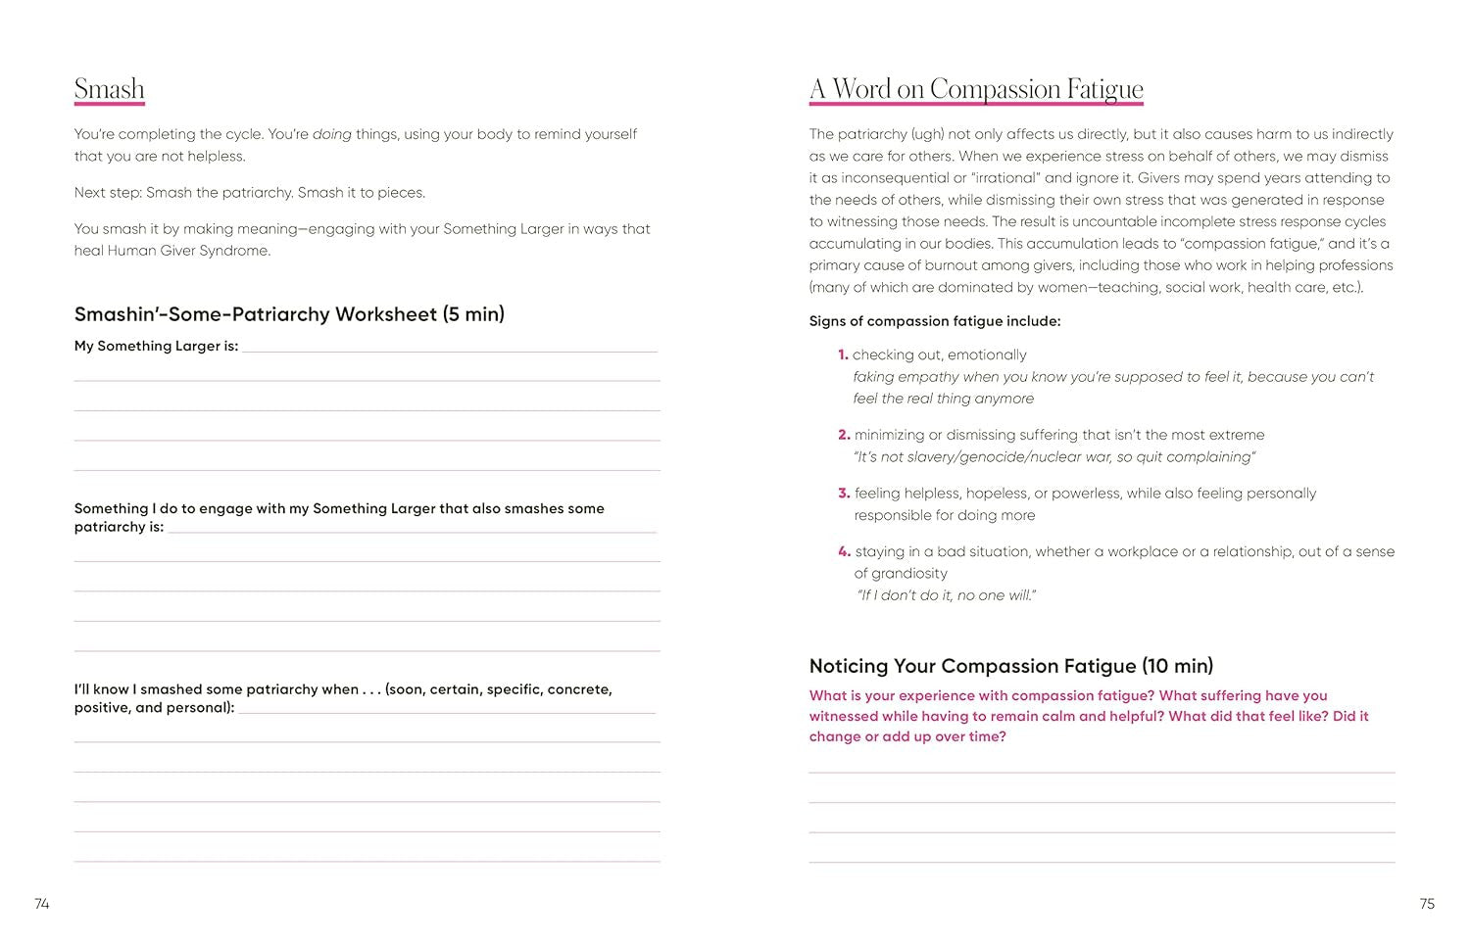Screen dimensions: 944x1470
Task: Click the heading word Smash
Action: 110,89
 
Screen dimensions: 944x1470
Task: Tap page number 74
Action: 42,904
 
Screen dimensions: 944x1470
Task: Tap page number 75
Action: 1427,904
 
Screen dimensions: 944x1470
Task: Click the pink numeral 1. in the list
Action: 843,354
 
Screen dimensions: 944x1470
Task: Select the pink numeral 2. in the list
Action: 844,435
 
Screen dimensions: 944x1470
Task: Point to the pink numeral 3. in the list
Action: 844,494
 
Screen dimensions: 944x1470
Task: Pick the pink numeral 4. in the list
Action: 844,551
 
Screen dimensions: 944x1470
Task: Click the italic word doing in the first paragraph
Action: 332,134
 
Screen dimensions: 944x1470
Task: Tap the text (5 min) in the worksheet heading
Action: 473,314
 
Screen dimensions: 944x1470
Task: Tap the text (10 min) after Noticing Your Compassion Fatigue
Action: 1178,666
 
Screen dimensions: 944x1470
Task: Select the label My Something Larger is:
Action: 157,346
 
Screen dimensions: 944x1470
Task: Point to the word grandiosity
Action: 901,574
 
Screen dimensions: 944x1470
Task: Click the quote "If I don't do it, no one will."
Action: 947,595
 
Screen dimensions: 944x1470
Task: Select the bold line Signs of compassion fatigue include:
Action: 935,321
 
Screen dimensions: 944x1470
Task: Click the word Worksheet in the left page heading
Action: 386,314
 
